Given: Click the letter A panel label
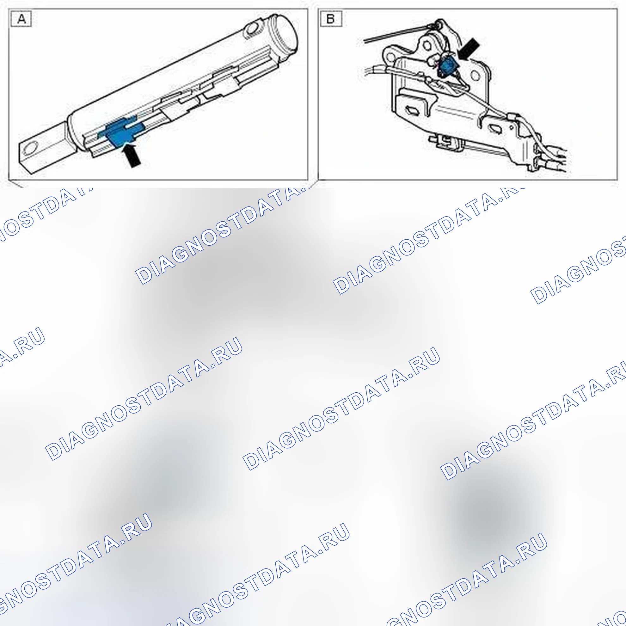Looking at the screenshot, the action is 21,18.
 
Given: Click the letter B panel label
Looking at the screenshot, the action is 331,18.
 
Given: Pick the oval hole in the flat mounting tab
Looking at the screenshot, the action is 31,149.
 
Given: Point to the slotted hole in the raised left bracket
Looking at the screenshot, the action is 412,110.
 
